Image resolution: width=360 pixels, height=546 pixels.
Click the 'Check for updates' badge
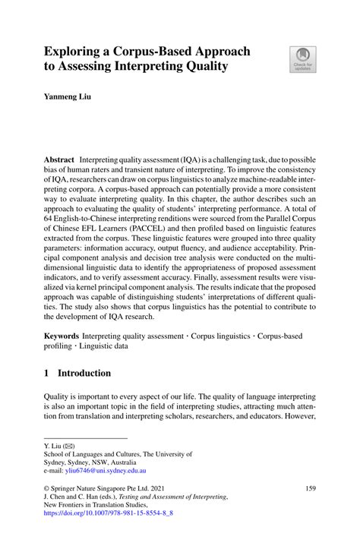[303, 59]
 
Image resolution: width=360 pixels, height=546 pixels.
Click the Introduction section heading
[86, 373]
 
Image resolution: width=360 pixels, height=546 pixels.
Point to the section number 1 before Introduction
[46, 373]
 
